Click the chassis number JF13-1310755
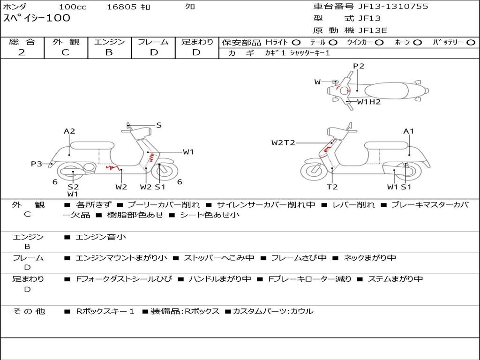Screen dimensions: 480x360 393,7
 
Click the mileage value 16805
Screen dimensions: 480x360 121,7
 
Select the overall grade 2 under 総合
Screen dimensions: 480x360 22,52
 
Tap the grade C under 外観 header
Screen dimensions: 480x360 65,52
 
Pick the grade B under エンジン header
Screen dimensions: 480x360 109,52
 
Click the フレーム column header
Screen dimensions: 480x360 153,42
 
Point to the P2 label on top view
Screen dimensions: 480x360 359,66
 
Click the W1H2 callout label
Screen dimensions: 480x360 369,102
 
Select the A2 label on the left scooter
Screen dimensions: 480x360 69,131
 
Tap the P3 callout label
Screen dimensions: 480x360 37,164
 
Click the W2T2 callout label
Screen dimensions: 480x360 283,142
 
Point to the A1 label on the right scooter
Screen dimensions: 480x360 409,131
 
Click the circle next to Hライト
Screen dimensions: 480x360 296,43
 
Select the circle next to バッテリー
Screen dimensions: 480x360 471,43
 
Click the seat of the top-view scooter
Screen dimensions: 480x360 387,91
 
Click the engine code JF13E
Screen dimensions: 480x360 373,30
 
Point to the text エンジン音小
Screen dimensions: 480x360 101,237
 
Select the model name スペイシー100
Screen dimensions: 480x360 37,18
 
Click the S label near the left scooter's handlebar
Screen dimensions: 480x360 159,125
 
